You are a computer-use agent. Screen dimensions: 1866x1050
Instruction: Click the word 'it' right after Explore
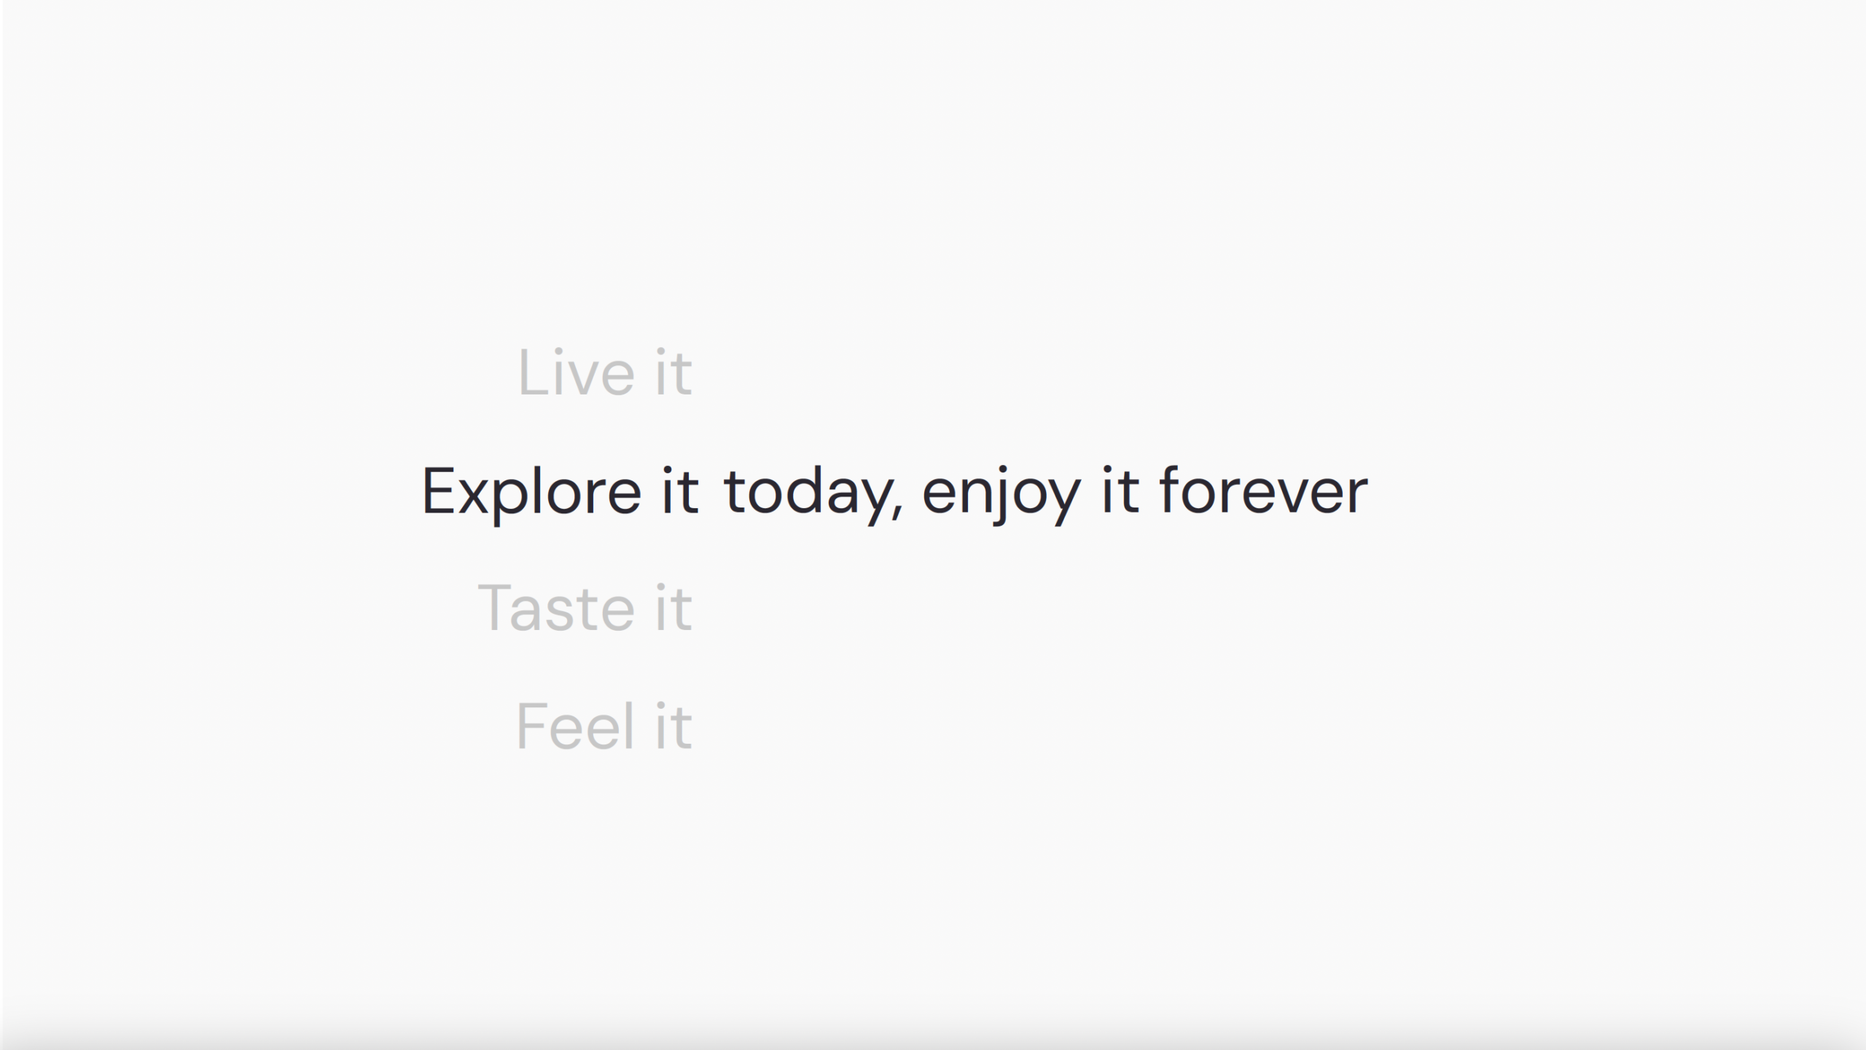680,491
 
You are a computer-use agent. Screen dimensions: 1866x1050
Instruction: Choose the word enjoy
1002,496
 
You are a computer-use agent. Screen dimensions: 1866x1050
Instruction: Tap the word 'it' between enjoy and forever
1120,491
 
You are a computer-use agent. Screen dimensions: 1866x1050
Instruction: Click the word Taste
556,607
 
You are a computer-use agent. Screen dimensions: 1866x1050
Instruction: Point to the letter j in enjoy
1002,496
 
